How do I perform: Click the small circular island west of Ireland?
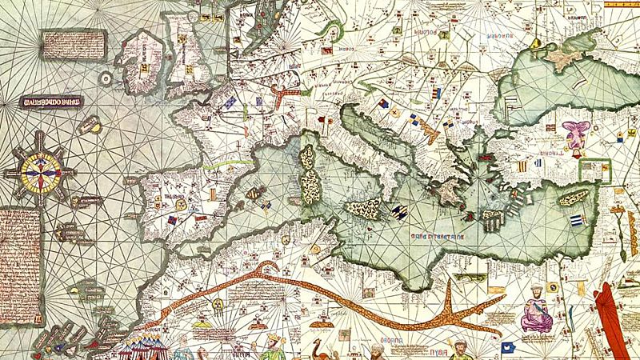point(106,78)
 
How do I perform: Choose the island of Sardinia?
point(311,186)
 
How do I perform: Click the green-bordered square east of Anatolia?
point(592,168)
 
